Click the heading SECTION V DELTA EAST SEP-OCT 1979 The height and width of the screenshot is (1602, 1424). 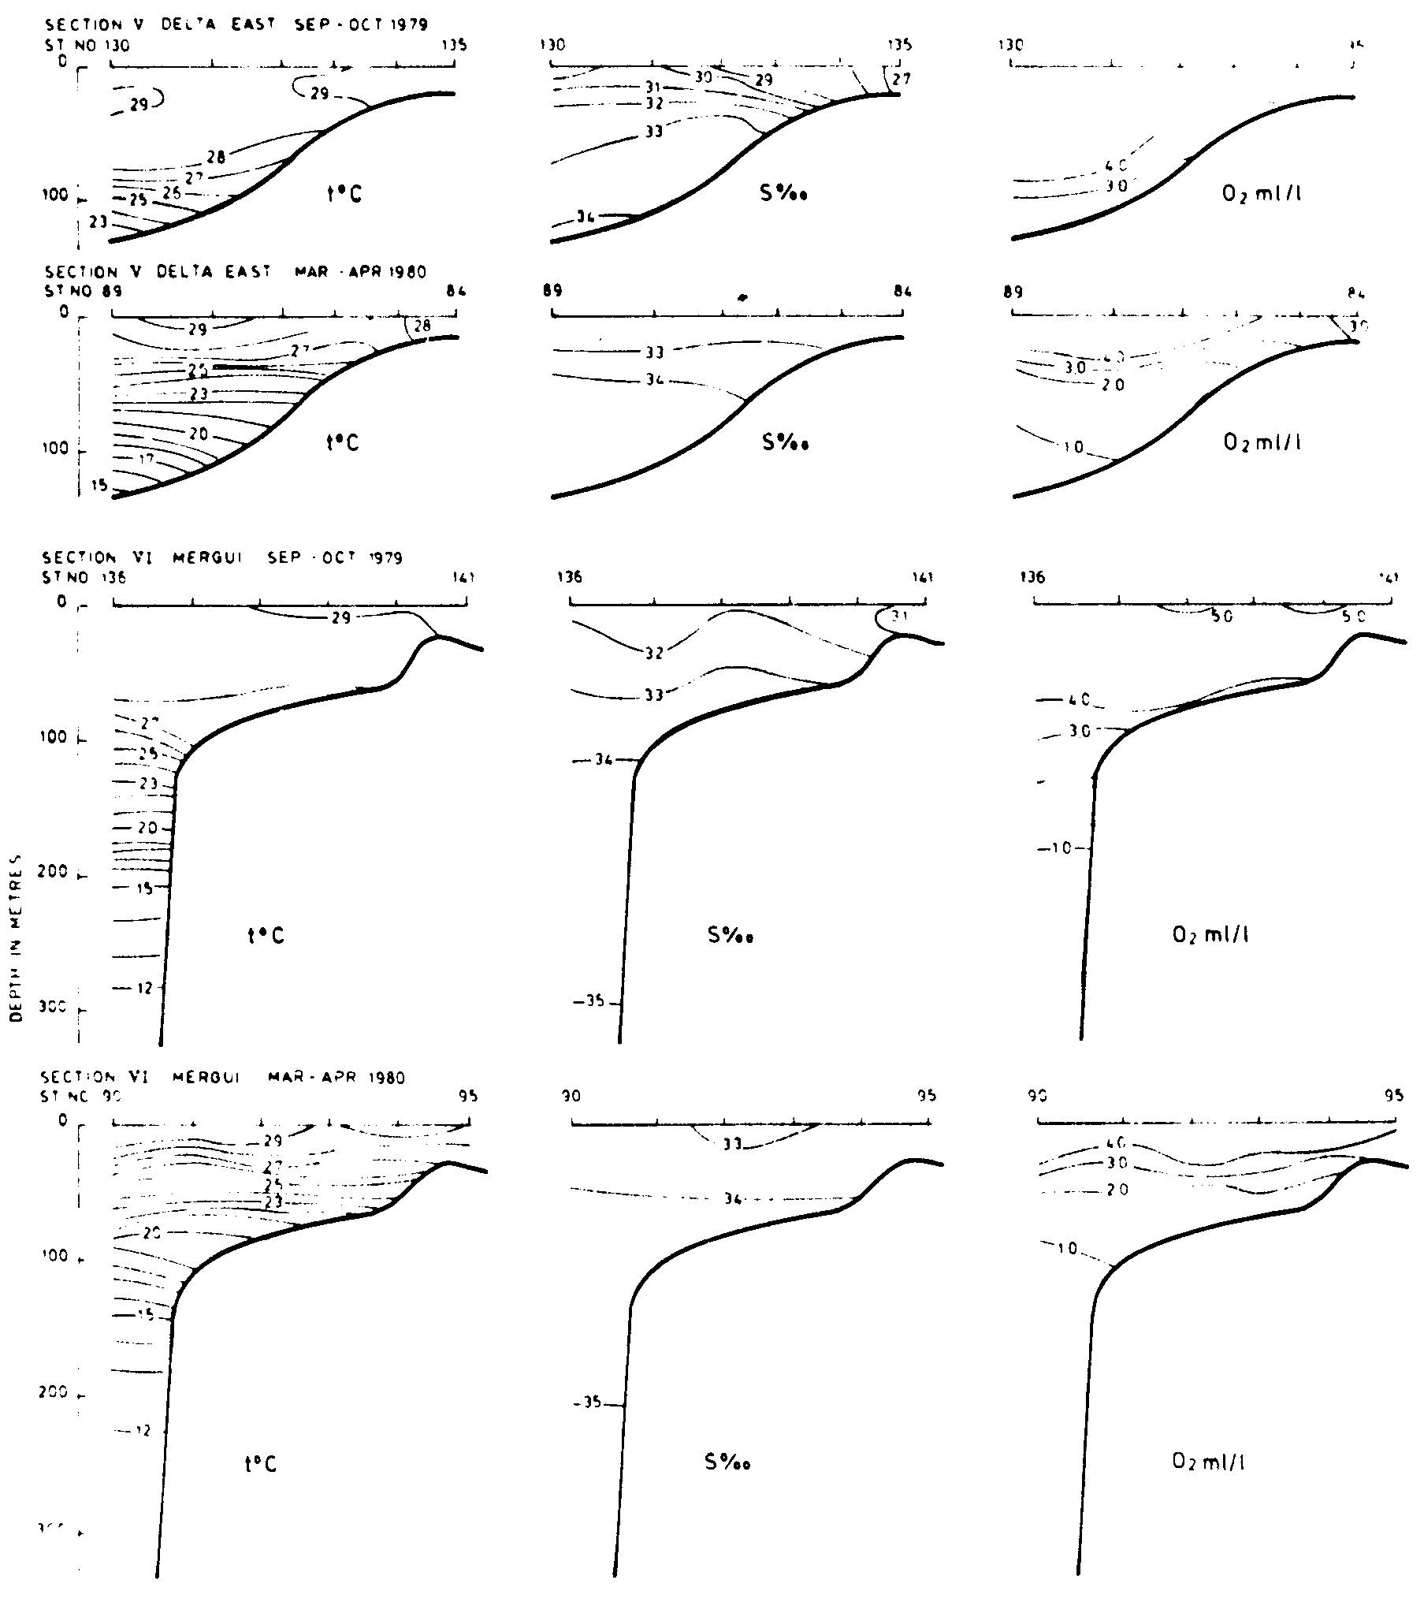[236, 25]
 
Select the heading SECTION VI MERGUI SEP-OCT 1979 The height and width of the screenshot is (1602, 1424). [224, 558]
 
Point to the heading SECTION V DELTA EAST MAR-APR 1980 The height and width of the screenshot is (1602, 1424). [236, 273]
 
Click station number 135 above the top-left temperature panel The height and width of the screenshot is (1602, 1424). [454, 45]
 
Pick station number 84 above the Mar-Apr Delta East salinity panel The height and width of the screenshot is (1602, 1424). [903, 292]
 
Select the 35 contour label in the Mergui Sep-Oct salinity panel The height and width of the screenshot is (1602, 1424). [594, 1001]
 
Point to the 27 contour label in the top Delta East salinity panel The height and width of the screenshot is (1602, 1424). [899, 79]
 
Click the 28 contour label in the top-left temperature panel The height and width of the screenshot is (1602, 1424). [216, 157]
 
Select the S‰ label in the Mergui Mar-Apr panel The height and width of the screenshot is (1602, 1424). [727, 1462]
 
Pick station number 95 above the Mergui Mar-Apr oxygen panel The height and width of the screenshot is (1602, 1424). [1393, 1096]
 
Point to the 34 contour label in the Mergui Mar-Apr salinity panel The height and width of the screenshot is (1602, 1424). [733, 1199]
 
